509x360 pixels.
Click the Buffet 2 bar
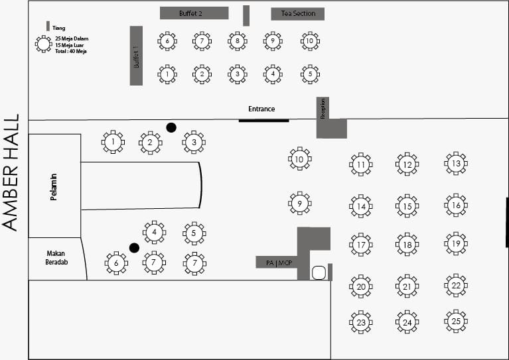coord(194,13)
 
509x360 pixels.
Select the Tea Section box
coord(297,14)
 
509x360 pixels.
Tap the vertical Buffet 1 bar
coord(136,56)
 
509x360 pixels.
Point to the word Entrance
coord(261,109)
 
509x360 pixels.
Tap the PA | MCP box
coord(275,263)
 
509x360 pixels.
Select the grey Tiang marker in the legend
coord(48,26)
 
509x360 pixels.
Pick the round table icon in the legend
coord(44,44)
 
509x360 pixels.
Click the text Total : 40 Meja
coord(71,51)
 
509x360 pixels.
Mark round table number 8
coord(237,41)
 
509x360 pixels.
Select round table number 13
coord(456,163)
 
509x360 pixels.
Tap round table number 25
coord(456,321)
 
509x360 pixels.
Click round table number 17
coord(360,245)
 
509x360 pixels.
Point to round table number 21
coord(407,286)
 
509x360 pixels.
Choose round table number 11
coord(360,164)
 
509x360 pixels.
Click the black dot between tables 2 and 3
coord(171,127)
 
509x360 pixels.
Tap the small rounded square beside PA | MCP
coord(319,272)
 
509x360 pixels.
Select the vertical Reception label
coord(323,108)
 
